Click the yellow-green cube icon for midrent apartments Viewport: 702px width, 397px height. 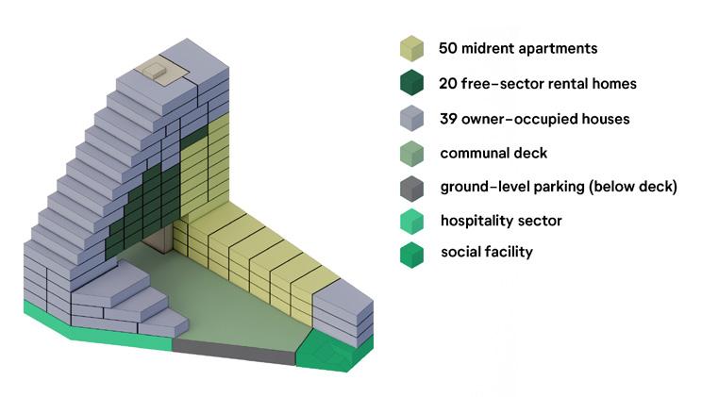tap(411, 48)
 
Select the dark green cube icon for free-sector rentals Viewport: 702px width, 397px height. tap(411, 84)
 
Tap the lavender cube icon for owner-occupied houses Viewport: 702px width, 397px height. tap(411, 119)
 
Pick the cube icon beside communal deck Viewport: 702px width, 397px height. tap(411, 154)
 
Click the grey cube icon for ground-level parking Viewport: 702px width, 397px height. tap(411, 188)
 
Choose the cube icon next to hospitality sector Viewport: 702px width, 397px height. tap(411, 222)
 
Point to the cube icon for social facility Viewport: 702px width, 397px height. tap(411, 255)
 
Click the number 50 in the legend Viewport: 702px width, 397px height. tap(448, 48)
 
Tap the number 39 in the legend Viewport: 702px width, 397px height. tap(449, 119)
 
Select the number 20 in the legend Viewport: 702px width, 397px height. tap(449, 84)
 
